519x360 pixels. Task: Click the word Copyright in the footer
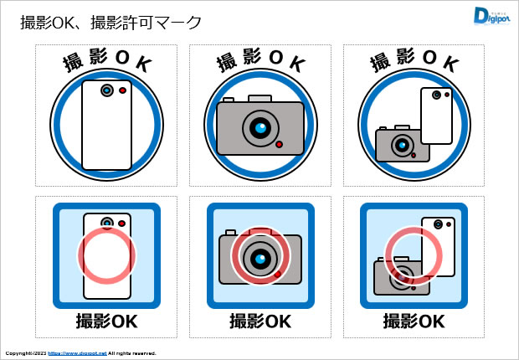click(18, 353)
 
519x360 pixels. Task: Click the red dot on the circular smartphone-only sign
click(123, 90)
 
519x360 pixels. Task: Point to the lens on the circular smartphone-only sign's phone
click(106, 90)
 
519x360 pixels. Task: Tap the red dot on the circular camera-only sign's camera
click(279, 144)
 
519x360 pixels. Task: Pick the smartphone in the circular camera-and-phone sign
click(436, 116)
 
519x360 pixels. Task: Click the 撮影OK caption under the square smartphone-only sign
click(106, 321)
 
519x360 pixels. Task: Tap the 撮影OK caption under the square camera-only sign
click(259, 321)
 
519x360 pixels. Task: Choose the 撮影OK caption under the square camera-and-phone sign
click(414, 321)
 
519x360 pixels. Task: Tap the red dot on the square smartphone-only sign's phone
click(121, 224)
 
